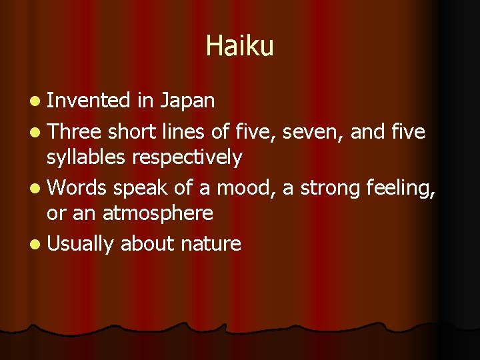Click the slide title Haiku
[239, 46]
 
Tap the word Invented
[88, 101]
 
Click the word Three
[75, 133]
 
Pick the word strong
[331, 189]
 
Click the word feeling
[401, 189]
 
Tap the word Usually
[81, 245]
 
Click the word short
[133, 133]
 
